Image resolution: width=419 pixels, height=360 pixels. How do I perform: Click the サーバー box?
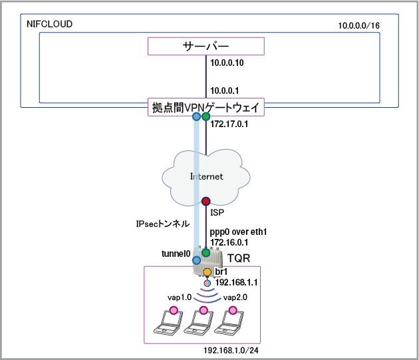coord(206,46)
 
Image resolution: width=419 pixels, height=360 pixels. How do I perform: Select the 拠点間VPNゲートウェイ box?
coord(206,107)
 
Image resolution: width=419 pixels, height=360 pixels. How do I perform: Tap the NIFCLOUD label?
coord(49,24)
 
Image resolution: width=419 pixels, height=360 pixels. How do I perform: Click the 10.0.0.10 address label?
coord(227,64)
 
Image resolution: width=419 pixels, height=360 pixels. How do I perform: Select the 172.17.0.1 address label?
coord(229,124)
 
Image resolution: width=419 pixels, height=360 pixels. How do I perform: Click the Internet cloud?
coord(206,176)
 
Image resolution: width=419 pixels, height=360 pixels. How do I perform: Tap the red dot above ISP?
coord(206,200)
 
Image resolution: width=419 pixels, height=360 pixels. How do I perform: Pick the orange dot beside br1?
coord(207,272)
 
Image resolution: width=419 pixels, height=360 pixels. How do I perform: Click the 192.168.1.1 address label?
coord(237,282)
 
